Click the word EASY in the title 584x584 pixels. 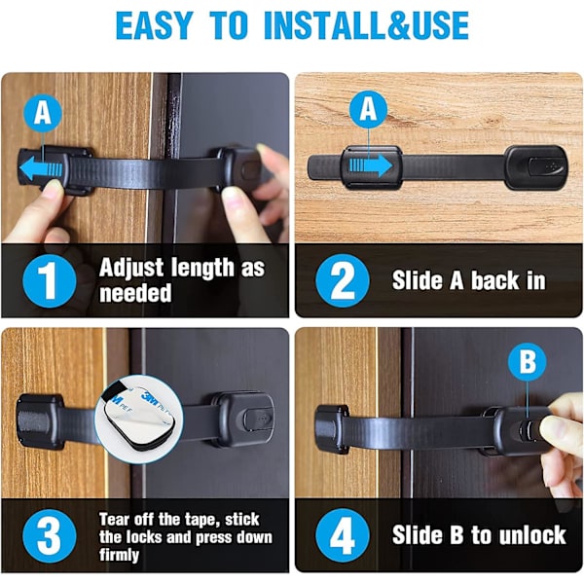pos(154,25)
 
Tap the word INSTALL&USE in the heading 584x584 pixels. pos(366,25)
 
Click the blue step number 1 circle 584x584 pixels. pos(50,281)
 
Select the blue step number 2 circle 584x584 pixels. pos(343,281)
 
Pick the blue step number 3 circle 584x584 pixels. pos(50,536)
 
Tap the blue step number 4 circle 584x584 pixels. pos(343,536)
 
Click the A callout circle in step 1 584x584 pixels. pos(43,113)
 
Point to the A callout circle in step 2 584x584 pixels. pos(368,109)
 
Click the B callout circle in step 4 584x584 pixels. pos(528,361)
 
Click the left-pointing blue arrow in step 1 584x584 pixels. pos(41,168)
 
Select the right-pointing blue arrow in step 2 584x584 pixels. pos(371,165)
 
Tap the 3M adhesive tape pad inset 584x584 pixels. pos(138,419)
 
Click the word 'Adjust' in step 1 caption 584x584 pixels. pos(131,269)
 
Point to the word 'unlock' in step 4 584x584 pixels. pos(532,535)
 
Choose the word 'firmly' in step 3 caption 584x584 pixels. pos(119,555)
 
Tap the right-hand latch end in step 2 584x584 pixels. pos(535,167)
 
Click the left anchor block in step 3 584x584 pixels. pos(39,420)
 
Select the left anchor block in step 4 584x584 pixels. pos(332,428)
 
